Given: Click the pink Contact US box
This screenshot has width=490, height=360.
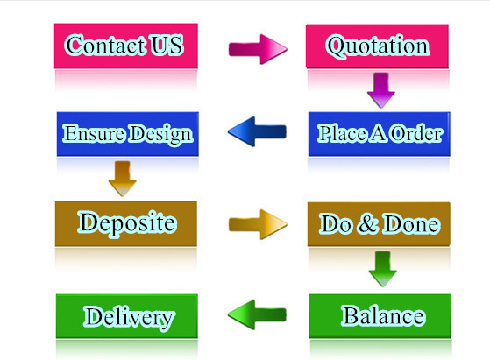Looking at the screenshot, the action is pos(126,46).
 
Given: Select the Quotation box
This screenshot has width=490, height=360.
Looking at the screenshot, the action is pos(377,46).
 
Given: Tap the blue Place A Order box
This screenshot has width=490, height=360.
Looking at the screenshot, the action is pos(380,134).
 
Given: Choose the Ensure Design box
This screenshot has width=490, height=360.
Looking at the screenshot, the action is pos(127,134).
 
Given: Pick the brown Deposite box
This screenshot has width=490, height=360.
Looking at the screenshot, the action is pos(126,223).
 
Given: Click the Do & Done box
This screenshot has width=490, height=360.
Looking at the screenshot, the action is pos(379,224).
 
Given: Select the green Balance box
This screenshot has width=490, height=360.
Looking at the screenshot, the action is pos(380,316).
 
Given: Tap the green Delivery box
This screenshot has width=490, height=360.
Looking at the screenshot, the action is pos(127,316).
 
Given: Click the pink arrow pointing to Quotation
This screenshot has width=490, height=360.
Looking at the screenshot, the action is pos(258,49).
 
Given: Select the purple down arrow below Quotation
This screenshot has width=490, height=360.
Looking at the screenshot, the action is pos(381,90).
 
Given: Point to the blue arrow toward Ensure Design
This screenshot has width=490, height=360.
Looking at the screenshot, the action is pos(257,131).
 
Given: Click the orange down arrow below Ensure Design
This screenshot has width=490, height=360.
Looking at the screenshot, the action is pos(122,179).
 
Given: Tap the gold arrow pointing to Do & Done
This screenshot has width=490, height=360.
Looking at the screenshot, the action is pos(258,224).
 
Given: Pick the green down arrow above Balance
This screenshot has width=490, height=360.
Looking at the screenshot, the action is pos(382,269).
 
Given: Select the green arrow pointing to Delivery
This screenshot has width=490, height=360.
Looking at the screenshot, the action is pos(257,314).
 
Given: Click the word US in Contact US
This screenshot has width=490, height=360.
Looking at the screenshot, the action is pos(166,45).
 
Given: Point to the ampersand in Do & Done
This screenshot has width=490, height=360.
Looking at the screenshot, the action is pos(368,223).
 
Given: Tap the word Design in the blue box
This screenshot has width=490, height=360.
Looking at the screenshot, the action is pos(161,134).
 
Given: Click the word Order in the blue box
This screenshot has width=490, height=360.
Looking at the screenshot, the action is pos(416,133).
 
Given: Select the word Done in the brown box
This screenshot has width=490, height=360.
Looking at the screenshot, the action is pos(412,224).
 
